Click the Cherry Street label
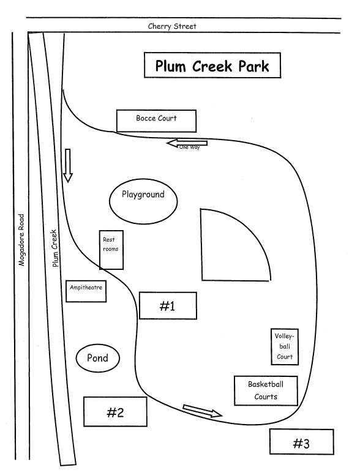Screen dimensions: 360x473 click(x=172, y=26)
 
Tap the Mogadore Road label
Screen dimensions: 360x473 click(x=21, y=240)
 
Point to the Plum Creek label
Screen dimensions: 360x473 click(x=54, y=248)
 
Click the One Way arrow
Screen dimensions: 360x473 click(x=187, y=143)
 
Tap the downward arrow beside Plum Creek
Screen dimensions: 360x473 click(x=68, y=165)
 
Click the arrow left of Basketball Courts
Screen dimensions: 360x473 click(x=203, y=411)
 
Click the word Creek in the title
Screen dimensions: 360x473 click(x=212, y=65)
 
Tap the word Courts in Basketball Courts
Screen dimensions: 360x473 click(x=266, y=397)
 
